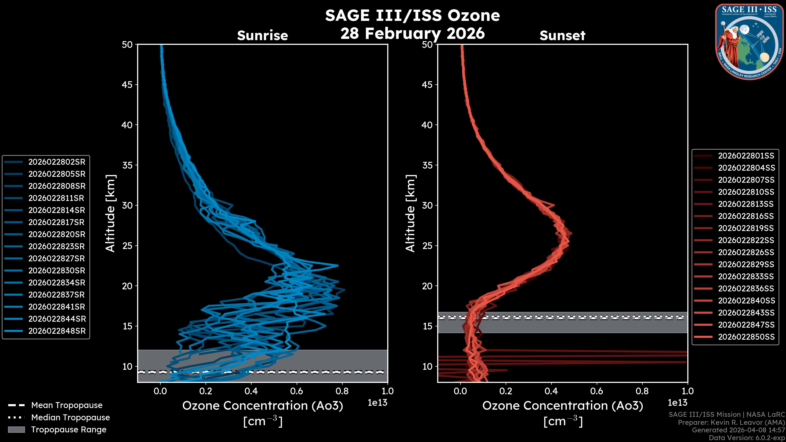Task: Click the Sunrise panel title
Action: click(262, 36)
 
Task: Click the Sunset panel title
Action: click(562, 36)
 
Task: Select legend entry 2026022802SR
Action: click(57, 162)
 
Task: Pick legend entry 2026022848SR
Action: click(57, 331)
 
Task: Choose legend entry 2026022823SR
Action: click(57, 246)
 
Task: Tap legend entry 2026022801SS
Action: click(746, 156)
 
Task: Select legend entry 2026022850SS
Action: click(746, 337)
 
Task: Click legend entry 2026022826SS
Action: click(746, 252)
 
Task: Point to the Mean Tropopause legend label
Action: click(67, 405)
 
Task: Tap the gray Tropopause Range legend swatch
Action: click(16, 430)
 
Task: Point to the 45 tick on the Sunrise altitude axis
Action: click(127, 85)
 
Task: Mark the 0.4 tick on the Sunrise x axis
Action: click(251, 391)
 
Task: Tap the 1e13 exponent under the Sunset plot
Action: click(677, 403)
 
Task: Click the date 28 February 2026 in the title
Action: click(412, 33)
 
